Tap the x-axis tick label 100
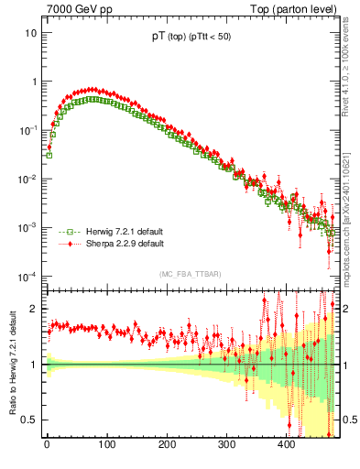pyautogui.click(x=106, y=445)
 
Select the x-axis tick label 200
pyautogui.click(x=167, y=445)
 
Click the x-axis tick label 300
pyautogui.click(x=226, y=445)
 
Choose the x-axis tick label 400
pyautogui.click(x=286, y=445)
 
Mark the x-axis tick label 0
pyautogui.click(x=47, y=445)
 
